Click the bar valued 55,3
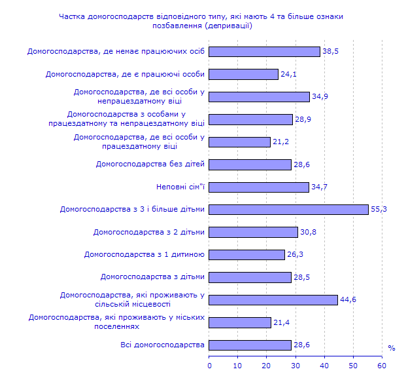tap(289, 210)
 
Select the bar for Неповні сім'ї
tap(260, 187)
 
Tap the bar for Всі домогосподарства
tap(250, 345)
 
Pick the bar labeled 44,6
tap(274, 300)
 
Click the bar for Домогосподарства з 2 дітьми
tap(254, 232)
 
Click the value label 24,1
tap(288, 74)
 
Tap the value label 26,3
tap(295, 255)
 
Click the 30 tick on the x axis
tap(296, 365)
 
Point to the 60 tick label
tap(382, 365)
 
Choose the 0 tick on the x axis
tap(210, 365)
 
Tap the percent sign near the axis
tap(391, 349)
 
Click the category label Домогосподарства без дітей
tap(150, 164)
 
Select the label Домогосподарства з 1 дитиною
tap(144, 254)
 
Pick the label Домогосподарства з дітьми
tap(152, 277)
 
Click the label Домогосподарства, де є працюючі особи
tap(125, 74)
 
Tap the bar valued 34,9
tap(260, 97)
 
